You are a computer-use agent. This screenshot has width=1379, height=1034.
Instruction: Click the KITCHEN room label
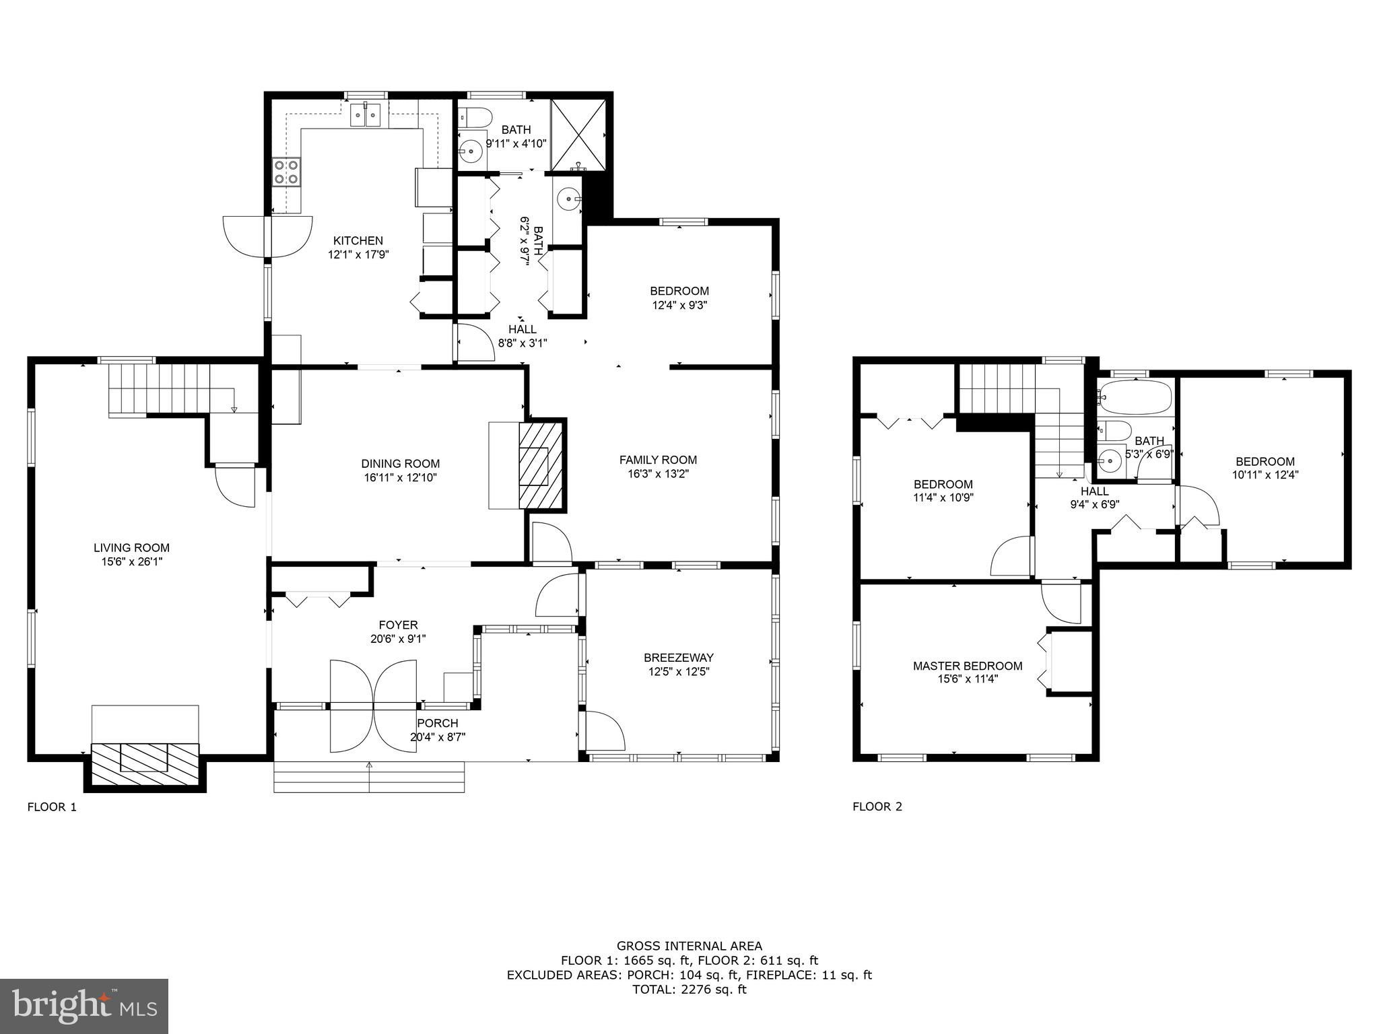pos(358,240)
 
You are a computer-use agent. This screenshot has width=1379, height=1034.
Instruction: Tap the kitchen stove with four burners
pos(286,172)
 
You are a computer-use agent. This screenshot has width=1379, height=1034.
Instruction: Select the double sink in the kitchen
pos(365,114)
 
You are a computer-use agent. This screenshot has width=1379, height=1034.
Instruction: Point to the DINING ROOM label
pos(401,463)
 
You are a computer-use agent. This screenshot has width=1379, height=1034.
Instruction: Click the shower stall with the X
pos(578,135)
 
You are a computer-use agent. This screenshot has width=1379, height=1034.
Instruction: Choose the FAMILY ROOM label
pos(658,460)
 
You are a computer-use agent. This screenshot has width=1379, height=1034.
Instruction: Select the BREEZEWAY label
pos(679,658)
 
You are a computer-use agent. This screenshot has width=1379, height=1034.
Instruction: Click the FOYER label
pos(398,625)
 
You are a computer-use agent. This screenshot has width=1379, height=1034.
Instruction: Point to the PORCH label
pos(438,723)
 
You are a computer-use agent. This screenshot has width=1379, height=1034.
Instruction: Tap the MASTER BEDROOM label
pos(968,666)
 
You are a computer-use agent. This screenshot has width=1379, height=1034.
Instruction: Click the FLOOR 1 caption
pos(52,806)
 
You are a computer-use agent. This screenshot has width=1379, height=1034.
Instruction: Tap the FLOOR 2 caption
pos(877,806)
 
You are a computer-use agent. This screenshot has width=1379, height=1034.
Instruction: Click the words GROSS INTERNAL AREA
pos(689,946)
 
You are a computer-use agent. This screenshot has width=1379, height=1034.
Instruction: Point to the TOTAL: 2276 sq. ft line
pos(689,989)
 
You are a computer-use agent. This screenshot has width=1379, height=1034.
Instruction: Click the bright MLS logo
pos(84,1006)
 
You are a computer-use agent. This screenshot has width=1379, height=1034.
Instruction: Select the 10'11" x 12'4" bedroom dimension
pos(1265,475)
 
